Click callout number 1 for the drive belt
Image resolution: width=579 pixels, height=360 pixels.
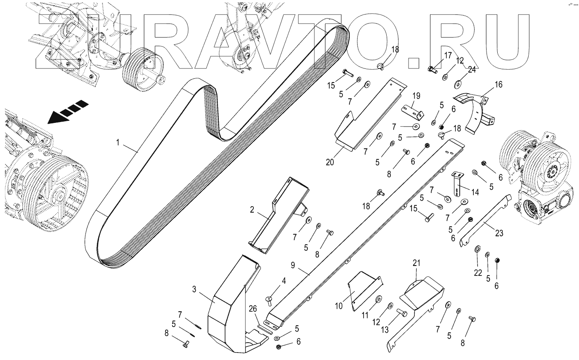point(118,143)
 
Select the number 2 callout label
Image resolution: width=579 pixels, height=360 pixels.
point(252,210)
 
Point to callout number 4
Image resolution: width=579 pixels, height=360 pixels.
point(284,281)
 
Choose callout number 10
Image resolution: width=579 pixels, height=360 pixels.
point(339,306)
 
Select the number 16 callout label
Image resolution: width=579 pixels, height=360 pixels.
point(499,85)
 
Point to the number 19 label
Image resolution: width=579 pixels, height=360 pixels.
point(416,96)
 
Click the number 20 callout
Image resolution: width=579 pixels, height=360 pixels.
point(330,162)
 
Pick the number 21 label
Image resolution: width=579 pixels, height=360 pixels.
point(416,262)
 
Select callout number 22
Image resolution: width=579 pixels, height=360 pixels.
point(477,273)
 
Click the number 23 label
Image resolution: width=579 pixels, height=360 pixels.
point(499,233)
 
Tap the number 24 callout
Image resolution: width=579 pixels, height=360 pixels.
point(472,70)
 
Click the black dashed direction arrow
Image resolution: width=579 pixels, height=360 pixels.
point(68,112)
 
